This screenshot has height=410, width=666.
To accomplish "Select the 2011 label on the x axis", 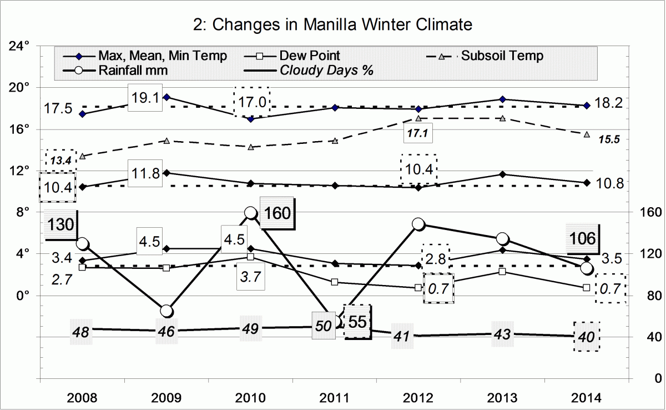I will pos(335,397).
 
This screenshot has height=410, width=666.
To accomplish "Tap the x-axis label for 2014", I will pos(586,397).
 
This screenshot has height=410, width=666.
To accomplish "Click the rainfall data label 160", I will pos(276,213).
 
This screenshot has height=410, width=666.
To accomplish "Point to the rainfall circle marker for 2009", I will pos(167,311).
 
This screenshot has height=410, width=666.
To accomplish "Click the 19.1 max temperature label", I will pos(146,98).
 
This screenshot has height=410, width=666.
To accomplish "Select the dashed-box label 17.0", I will pos(251,102).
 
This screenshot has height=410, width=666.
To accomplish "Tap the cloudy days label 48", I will pos(82,331).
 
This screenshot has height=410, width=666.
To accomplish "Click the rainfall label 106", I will pos(581,239).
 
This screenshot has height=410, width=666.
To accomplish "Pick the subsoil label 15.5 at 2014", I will pos(608,139).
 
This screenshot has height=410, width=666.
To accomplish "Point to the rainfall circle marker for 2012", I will pos(418,224).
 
